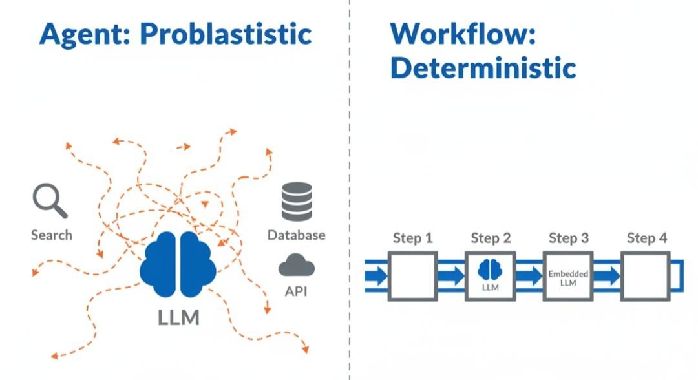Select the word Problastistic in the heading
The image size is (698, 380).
pyautogui.click(x=226, y=34)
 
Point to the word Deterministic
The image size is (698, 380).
pyautogui.click(x=483, y=67)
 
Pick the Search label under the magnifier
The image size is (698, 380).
pyautogui.click(x=52, y=235)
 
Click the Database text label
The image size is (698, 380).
pyautogui.click(x=297, y=235)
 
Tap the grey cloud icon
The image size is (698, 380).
pyautogui.click(x=297, y=265)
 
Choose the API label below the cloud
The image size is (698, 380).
pyautogui.click(x=296, y=291)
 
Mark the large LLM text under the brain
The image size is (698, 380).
pyautogui.click(x=179, y=318)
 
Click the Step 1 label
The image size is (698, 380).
pyautogui.click(x=412, y=238)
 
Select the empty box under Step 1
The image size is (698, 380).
pyautogui.click(x=413, y=277)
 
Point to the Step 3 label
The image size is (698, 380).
pyautogui.click(x=569, y=238)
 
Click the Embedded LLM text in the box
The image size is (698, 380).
pyautogui.click(x=569, y=279)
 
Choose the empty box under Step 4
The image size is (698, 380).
pyautogui.click(x=646, y=277)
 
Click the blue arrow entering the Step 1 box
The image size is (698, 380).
pyautogui.click(x=377, y=277)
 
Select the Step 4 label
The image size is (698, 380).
pyautogui.click(x=647, y=238)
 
